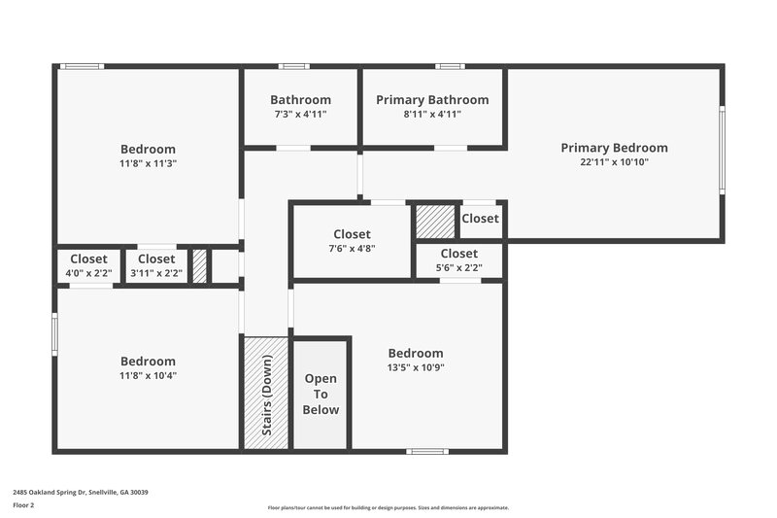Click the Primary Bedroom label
click(614, 148)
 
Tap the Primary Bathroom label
click(432, 100)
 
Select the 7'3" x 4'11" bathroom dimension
click(300, 114)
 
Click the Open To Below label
click(321, 394)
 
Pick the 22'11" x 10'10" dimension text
click(614, 162)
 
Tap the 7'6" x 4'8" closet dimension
click(352, 249)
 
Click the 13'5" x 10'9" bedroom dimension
click(416, 367)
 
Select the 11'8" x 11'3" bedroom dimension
click(148, 163)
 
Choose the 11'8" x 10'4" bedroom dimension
click(148, 375)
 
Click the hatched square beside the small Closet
click(435, 222)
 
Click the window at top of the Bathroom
click(293, 66)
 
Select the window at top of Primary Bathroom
click(449, 66)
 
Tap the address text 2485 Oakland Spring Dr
click(80, 493)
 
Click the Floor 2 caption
click(23, 506)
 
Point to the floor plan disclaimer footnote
click(388, 507)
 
